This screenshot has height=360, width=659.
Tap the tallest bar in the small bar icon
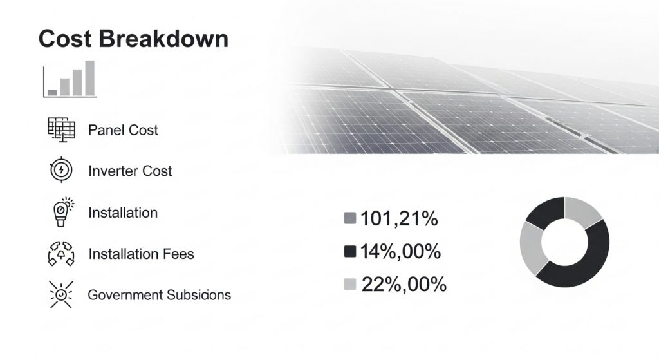(90, 77)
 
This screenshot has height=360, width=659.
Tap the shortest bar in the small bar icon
(52, 92)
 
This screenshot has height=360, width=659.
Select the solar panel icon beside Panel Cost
(62, 130)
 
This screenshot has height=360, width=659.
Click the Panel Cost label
(123, 130)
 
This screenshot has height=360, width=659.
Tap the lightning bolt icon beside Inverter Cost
(61, 171)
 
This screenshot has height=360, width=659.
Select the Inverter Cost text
(130, 171)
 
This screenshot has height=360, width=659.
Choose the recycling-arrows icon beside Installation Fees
(61, 254)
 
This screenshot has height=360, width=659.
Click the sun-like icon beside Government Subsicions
(61, 294)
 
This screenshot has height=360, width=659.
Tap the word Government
(125, 295)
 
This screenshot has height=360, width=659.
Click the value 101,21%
(399, 219)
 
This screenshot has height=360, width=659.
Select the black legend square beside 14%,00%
(350, 252)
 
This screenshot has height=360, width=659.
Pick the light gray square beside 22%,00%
(350, 284)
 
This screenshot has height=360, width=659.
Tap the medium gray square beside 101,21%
(350, 219)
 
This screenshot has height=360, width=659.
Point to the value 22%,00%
(404, 284)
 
